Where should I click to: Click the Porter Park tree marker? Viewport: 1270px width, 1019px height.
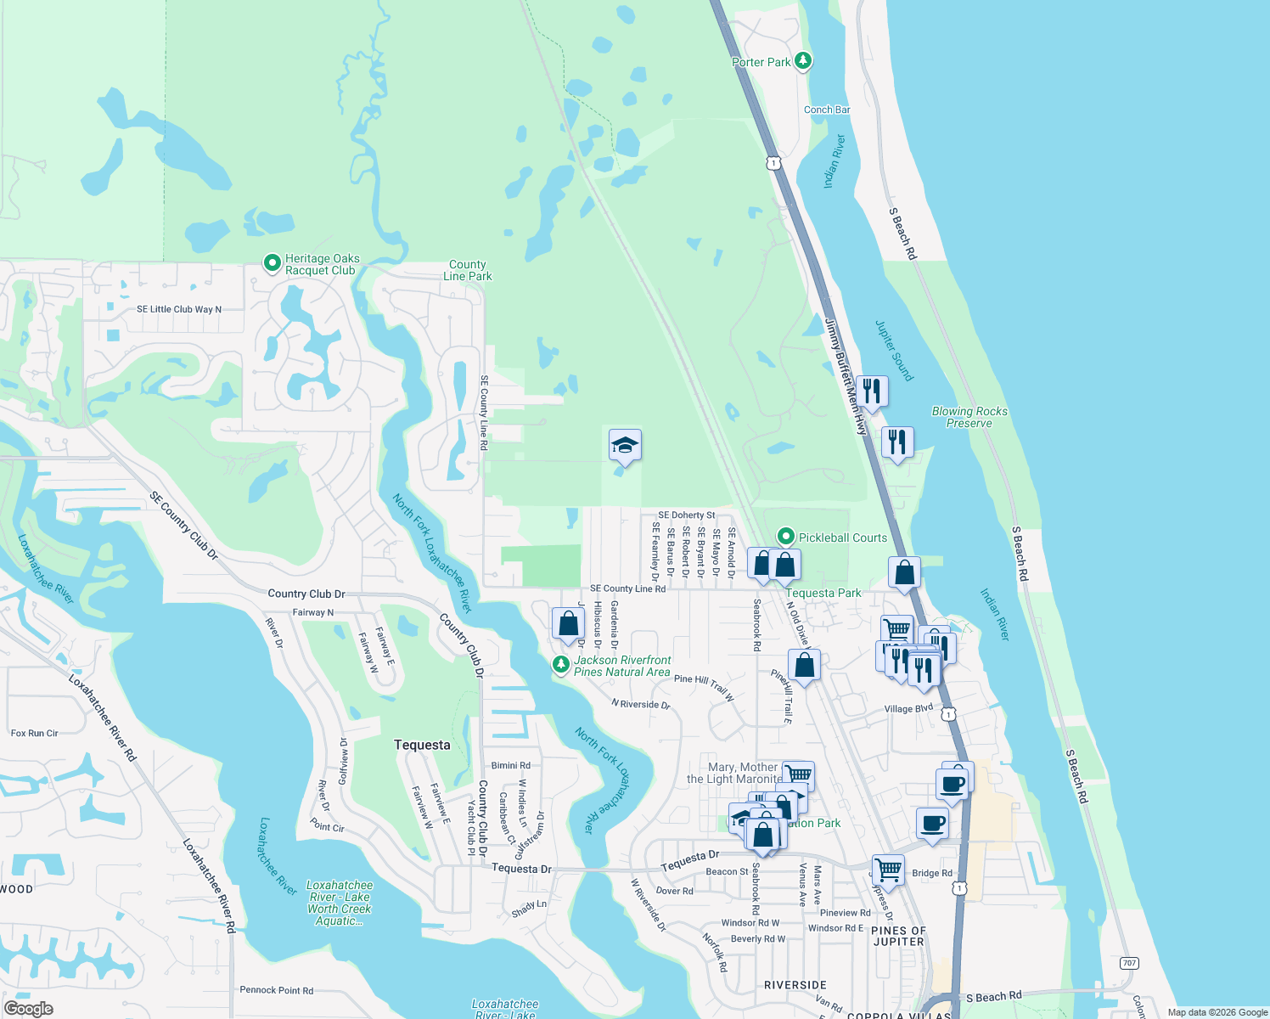[x=803, y=61]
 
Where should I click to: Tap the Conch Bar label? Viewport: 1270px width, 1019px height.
[x=826, y=110]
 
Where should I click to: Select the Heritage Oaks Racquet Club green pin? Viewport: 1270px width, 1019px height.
[x=272, y=263]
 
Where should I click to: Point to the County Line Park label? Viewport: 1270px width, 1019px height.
[x=467, y=270]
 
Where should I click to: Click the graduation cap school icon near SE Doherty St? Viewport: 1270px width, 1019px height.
[x=624, y=445]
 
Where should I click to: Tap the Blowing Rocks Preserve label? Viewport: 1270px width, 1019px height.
[x=969, y=417]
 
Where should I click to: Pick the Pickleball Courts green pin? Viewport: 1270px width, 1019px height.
[x=786, y=537]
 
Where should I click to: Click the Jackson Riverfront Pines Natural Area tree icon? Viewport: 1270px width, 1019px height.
[x=560, y=664]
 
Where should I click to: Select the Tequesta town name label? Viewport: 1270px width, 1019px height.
[x=422, y=745]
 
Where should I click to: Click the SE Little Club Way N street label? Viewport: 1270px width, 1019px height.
[x=178, y=309]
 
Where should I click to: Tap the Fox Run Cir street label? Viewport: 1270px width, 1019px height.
[x=34, y=733]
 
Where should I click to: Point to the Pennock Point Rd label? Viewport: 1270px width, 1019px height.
[x=276, y=990]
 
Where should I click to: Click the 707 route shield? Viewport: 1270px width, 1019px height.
[x=1129, y=963]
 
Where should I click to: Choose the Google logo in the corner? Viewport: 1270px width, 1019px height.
[x=28, y=1009]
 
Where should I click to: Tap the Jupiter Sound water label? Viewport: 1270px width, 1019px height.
[x=895, y=350]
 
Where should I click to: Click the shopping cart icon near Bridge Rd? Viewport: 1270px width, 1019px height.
[x=888, y=869]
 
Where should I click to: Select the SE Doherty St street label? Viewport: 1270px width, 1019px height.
[x=686, y=515]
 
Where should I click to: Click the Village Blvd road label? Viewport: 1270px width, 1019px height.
[x=908, y=708]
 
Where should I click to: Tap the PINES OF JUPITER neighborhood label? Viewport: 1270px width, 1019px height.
[x=898, y=936]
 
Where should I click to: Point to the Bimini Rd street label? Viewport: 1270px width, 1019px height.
[x=510, y=765]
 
